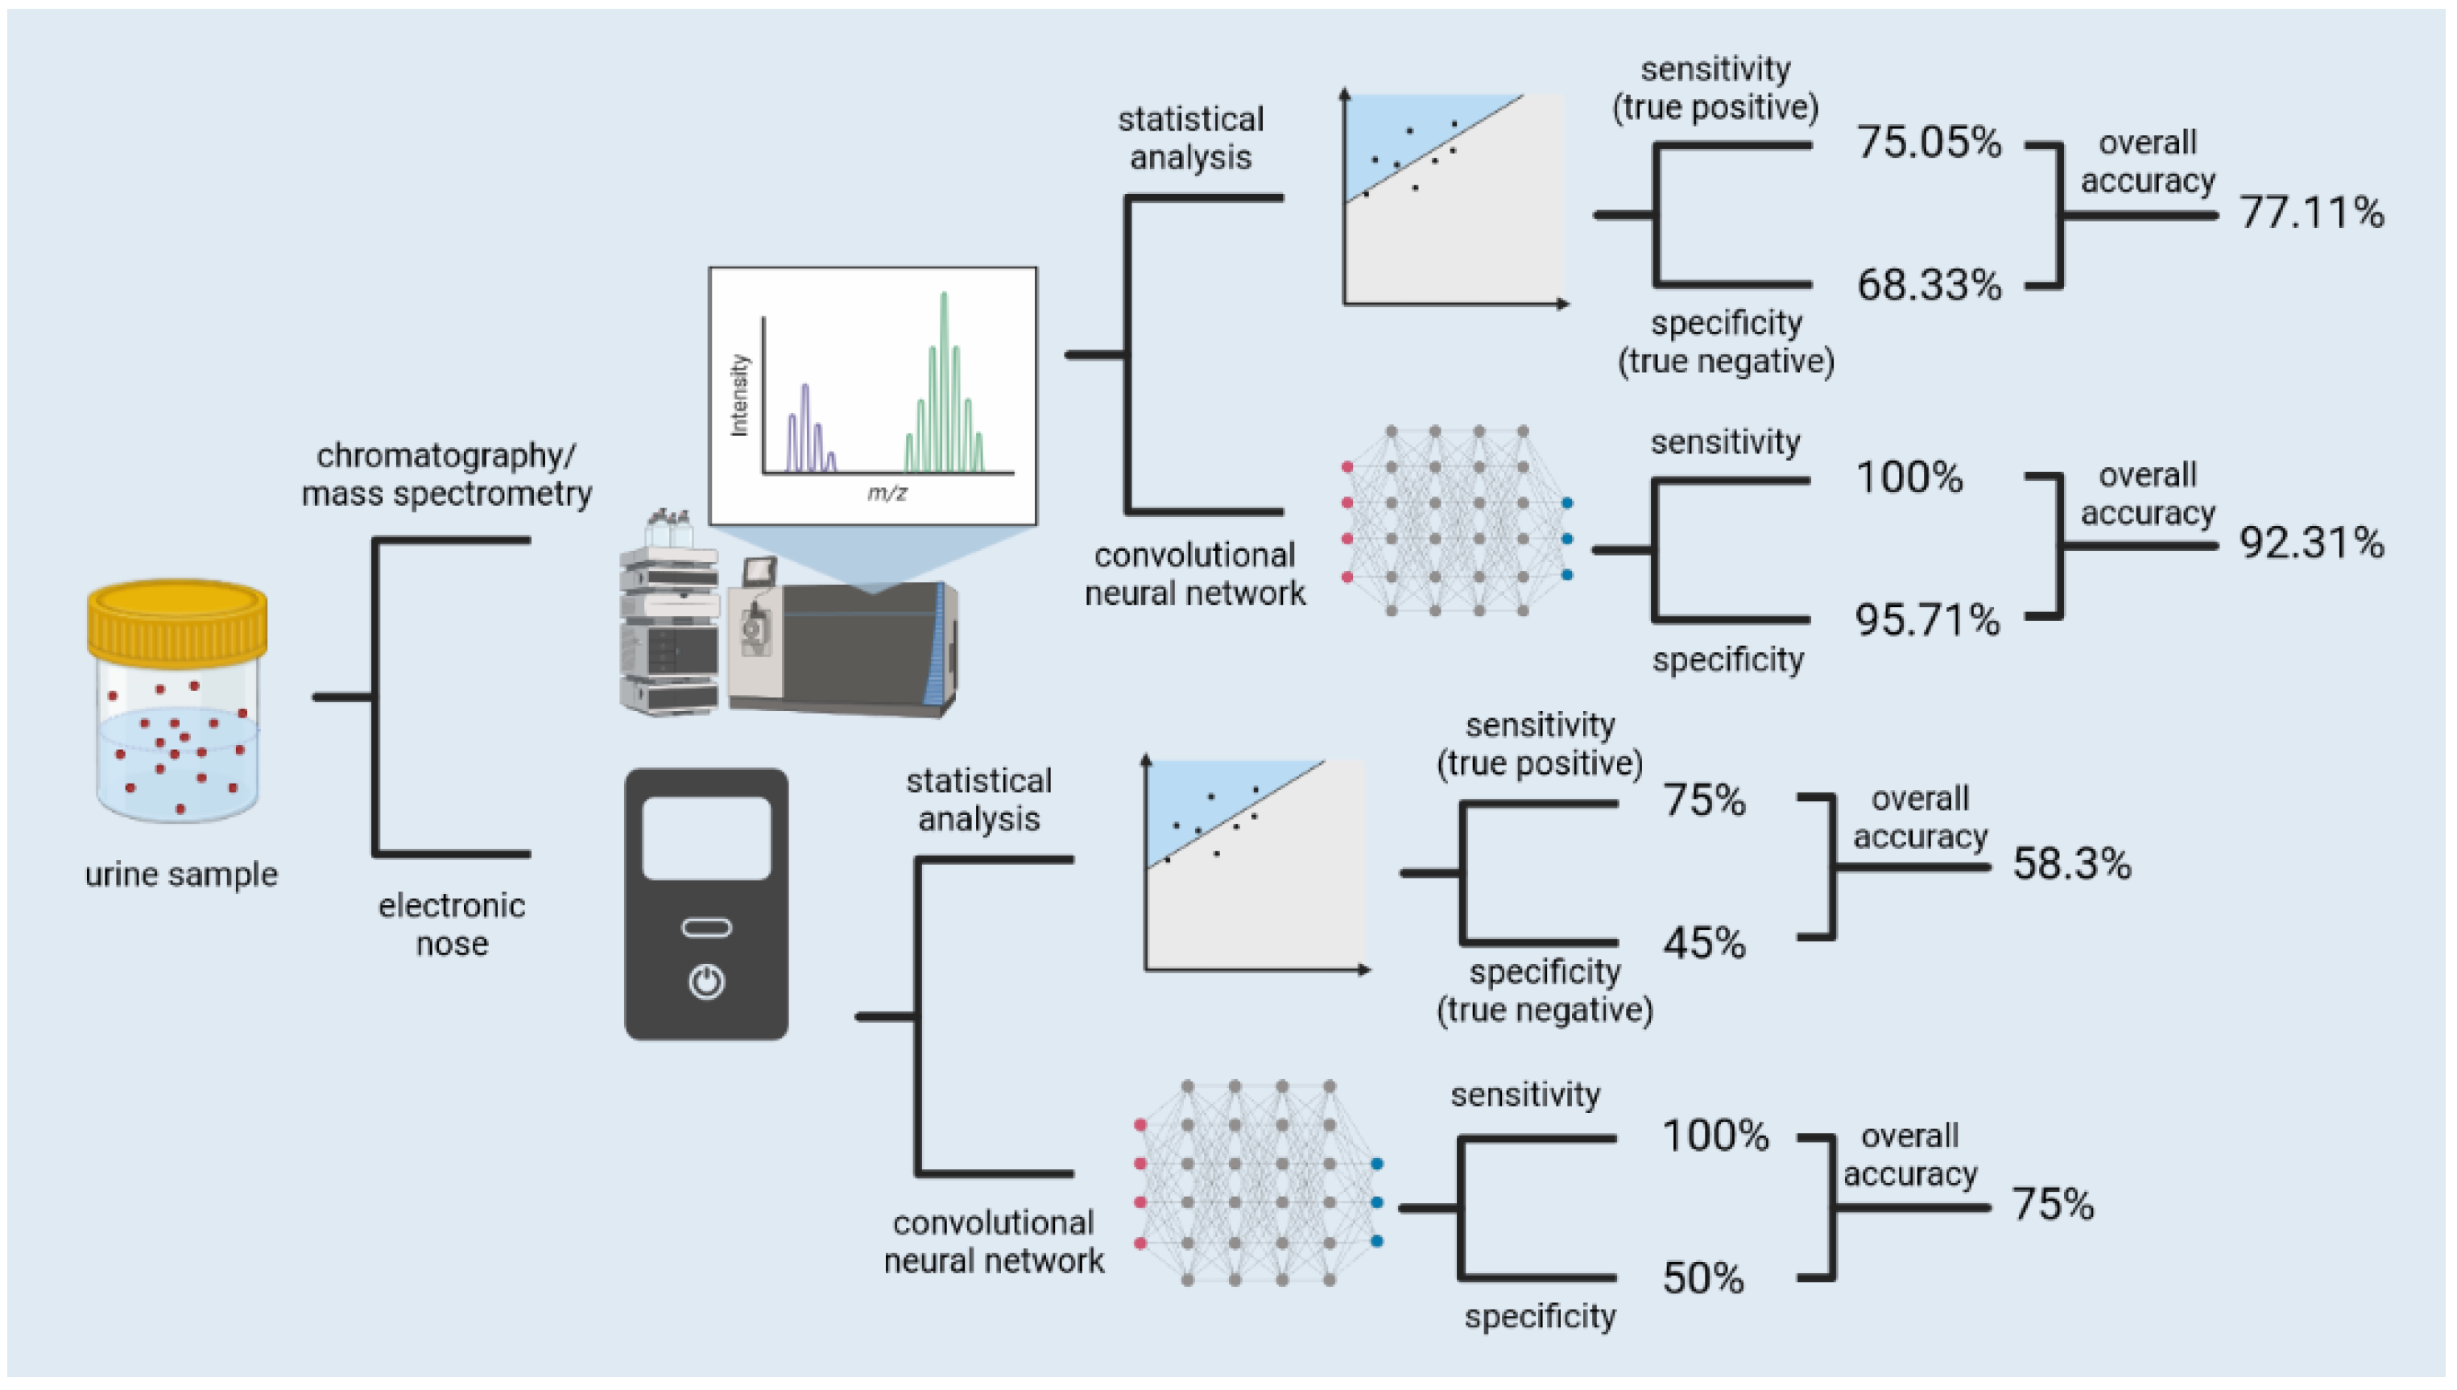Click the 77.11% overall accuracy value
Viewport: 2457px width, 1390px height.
(2311, 212)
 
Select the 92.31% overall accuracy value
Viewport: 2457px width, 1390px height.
(2311, 544)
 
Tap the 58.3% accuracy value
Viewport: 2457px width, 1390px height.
(2071, 864)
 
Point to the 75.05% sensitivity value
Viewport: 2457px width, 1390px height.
(1928, 143)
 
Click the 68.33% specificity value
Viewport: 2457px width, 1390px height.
(1928, 284)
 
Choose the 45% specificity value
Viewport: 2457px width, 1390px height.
(1704, 943)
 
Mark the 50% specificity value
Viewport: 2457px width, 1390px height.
(1703, 1278)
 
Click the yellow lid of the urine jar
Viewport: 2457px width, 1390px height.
(176, 621)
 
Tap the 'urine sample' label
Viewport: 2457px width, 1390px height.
(181, 875)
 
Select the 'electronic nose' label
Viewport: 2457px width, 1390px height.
(452, 925)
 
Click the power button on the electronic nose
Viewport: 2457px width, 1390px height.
(706, 982)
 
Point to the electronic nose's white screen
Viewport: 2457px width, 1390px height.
(706, 838)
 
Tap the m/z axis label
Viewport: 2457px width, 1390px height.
(887, 493)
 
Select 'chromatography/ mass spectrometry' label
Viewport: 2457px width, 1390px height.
(446, 474)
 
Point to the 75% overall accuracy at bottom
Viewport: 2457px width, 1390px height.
(2052, 1204)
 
